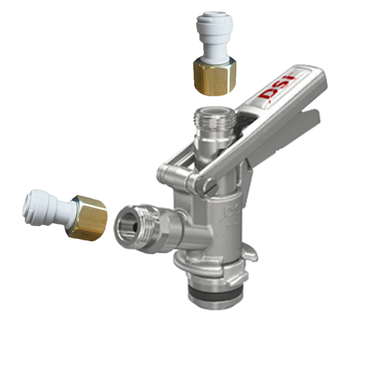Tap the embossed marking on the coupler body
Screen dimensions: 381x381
pos(232,216)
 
